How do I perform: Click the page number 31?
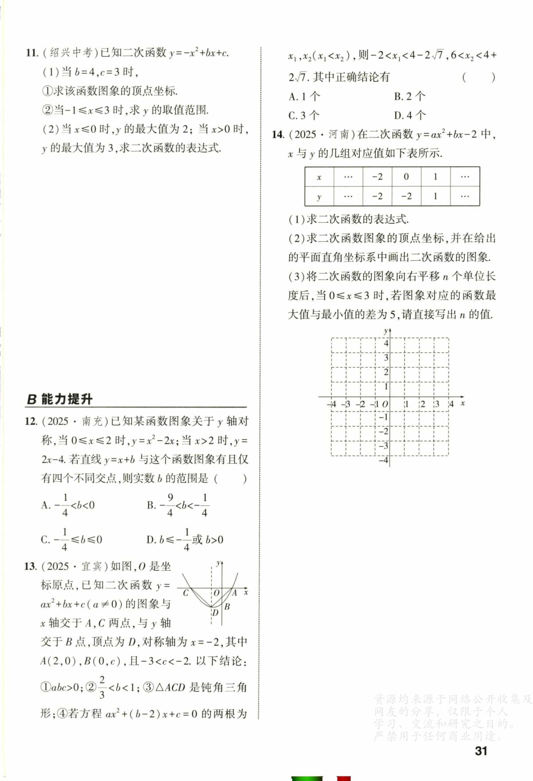click(x=481, y=751)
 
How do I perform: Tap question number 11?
click(x=32, y=53)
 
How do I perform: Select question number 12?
click(x=31, y=421)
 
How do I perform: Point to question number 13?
click(x=31, y=566)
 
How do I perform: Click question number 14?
click(x=278, y=134)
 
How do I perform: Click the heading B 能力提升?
click(x=60, y=399)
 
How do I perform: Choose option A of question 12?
click(x=68, y=505)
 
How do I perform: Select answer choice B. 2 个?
click(x=409, y=96)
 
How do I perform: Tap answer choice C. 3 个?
click(x=304, y=115)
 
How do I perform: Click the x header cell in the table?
click(x=319, y=177)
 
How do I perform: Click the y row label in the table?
click(x=319, y=196)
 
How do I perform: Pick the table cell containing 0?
click(x=406, y=177)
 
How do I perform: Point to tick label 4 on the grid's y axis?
click(x=386, y=343)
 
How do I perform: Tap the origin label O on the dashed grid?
click(x=385, y=404)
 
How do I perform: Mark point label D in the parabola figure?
click(x=215, y=613)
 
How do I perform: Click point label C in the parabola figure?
click(x=186, y=593)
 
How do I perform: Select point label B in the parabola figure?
click(x=227, y=606)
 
